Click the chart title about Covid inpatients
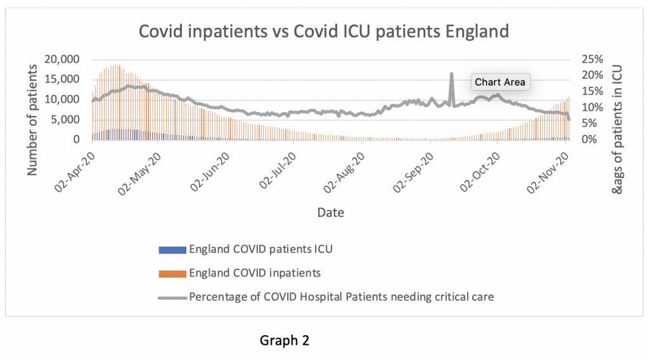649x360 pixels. [324, 31]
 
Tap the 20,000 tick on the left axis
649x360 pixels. [61, 59]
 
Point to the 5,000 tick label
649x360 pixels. [66, 119]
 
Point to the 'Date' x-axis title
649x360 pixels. [330, 213]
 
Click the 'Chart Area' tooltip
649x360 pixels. [500, 82]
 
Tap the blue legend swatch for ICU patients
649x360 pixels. [172, 249]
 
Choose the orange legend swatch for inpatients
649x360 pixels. [172, 273]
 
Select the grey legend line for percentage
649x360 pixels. [172, 297]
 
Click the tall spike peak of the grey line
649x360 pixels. [451, 74]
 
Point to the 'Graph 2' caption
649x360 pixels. [285, 341]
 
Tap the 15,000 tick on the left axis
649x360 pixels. [61, 79]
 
